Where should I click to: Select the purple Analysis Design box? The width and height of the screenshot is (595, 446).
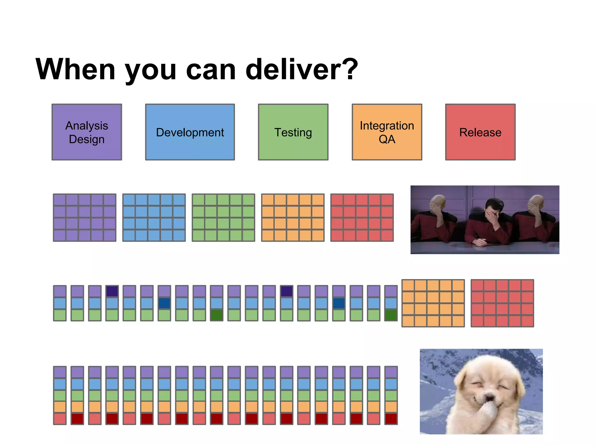click(x=87, y=132)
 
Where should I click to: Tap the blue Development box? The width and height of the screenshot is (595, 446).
click(x=190, y=132)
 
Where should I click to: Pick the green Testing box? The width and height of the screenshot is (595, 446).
click(x=293, y=132)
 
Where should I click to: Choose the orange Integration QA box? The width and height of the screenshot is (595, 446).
click(x=387, y=132)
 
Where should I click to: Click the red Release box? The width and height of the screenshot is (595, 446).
click(x=480, y=132)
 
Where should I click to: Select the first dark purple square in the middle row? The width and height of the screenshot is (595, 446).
click(x=112, y=291)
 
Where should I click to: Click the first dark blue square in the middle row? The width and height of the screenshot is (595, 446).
click(x=164, y=303)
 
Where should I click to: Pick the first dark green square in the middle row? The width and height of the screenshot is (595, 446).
click(x=217, y=315)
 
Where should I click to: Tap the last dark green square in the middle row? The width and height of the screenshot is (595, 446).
click(x=391, y=315)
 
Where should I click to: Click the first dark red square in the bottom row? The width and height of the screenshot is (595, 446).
click(x=77, y=419)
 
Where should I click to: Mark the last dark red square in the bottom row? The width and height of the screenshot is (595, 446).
click(x=391, y=419)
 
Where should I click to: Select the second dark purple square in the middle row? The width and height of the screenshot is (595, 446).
click(x=286, y=291)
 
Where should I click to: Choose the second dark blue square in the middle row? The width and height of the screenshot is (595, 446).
click(x=339, y=303)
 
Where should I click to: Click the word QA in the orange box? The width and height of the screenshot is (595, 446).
click(x=387, y=139)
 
